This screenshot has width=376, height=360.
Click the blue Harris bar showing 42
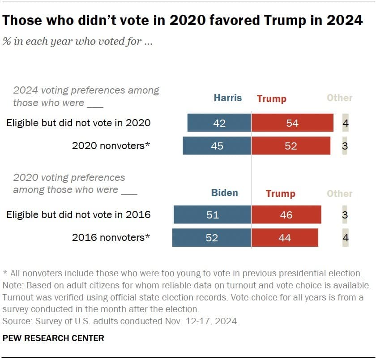pos(219,123)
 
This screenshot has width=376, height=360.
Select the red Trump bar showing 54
pos(292,123)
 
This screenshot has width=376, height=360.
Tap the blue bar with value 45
pos(217,146)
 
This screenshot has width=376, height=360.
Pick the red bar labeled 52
pos(291,146)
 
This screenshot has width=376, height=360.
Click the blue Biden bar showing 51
pos(213,214)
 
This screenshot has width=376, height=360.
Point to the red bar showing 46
pos(286,214)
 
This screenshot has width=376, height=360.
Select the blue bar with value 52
pos(212,238)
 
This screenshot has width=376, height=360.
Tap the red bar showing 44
pos(285,238)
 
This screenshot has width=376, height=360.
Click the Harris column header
pos(228,98)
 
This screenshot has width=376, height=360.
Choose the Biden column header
pos(224,193)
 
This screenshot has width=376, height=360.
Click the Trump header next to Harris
pos(271,99)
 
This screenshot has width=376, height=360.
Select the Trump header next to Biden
pos(280,193)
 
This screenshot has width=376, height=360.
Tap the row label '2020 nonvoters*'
pos(111,146)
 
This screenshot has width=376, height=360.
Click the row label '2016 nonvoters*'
pos(111,238)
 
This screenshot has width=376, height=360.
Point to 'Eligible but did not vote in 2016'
pos(78,214)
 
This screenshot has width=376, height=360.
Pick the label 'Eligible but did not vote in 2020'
pos(78,123)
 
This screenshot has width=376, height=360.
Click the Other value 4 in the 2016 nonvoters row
pos(345,238)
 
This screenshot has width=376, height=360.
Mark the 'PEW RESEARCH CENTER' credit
pos(53,338)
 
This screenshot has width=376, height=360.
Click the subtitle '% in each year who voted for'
pos(79,42)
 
